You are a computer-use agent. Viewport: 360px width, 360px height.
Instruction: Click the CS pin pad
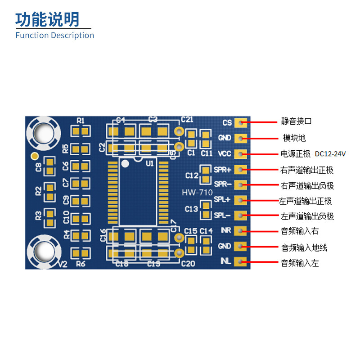click(x=241, y=122)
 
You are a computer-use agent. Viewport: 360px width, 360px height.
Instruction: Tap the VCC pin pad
click(x=241, y=154)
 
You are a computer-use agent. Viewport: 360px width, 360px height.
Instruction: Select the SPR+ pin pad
click(x=241, y=170)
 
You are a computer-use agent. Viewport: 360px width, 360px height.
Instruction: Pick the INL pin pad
click(x=241, y=261)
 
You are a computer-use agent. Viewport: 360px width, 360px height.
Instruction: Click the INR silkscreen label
click(x=226, y=231)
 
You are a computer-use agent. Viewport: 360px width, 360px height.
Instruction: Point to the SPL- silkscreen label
click(x=222, y=216)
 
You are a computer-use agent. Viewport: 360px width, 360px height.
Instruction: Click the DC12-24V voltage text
click(x=330, y=154)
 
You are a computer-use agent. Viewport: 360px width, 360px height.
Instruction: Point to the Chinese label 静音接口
click(x=297, y=121)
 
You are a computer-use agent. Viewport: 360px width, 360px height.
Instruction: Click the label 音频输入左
click(x=300, y=263)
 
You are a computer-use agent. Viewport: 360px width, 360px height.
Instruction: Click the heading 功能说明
click(x=47, y=19)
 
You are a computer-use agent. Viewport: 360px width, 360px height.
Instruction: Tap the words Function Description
click(x=54, y=35)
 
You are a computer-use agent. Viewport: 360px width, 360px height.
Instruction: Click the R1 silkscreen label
click(x=81, y=120)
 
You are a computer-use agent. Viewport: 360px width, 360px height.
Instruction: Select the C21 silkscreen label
click(x=187, y=119)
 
